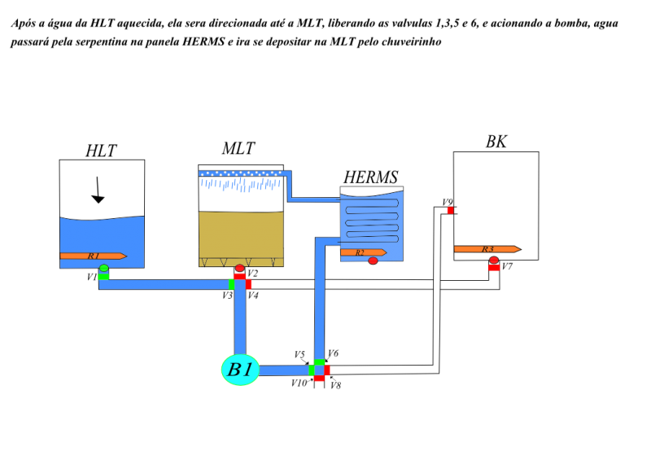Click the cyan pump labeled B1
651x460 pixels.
click(x=240, y=370)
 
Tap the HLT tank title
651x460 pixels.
click(x=101, y=151)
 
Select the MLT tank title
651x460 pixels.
click(x=238, y=148)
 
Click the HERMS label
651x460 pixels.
click(x=371, y=177)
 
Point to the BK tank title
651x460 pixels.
click(x=496, y=142)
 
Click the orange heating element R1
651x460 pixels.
click(x=94, y=256)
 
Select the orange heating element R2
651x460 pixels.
click(x=364, y=252)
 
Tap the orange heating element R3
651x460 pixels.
click(x=487, y=249)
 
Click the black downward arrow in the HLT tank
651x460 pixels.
click(x=98, y=190)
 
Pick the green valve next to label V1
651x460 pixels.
click(x=104, y=276)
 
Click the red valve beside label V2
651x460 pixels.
click(x=239, y=276)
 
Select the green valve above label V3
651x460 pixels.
click(x=231, y=284)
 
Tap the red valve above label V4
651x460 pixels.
click(x=248, y=284)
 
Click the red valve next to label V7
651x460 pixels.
click(x=494, y=267)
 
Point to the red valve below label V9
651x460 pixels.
click(x=451, y=211)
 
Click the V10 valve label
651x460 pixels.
click(x=299, y=383)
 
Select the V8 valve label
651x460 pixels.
click(x=335, y=385)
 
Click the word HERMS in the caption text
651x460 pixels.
click(x=203, y=42)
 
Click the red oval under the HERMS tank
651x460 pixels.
click(x=373, y=261)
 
